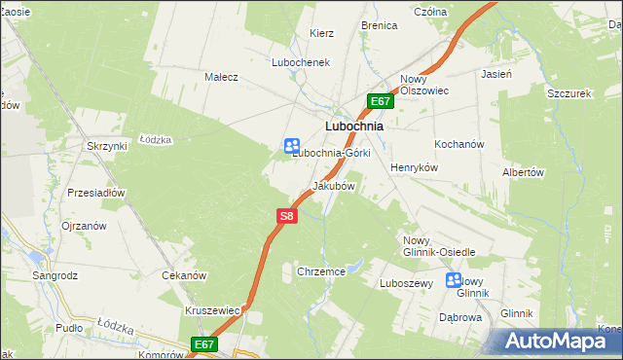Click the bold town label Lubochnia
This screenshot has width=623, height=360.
tap(352, 126)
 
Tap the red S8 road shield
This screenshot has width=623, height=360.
tap(285, 218)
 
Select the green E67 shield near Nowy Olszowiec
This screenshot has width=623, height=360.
tap(381, 101)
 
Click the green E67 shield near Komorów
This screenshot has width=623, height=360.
tap(203, 344)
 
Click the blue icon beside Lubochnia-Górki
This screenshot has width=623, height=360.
tap(291, 145)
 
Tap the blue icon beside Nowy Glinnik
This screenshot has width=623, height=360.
tap(454, 280)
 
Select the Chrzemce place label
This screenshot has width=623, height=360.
tap(321, 272)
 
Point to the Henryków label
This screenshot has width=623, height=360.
tap(416, 167)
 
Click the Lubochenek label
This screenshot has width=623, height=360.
tap(302, 61)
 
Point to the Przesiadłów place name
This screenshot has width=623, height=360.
tap(96, 193)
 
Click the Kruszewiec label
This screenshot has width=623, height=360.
tap(212, 310)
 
